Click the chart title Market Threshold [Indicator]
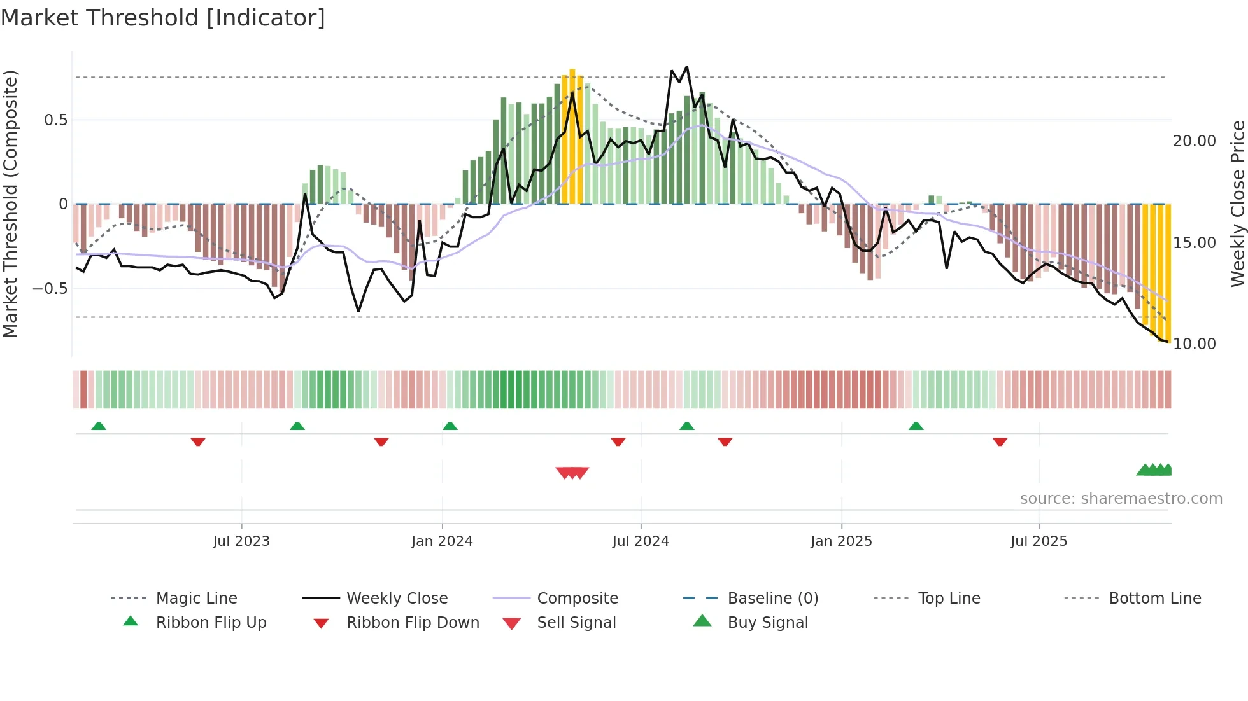[163, 18]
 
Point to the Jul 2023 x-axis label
[241, 541]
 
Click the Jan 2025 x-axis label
[841, 541]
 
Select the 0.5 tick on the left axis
[56, 120]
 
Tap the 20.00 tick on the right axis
[1194, 141]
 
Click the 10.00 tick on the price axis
[1194, 344]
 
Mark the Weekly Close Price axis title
[1237, 204]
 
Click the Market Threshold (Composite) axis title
[10, 204]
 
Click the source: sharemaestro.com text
[1121, 499]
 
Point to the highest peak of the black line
[686, 66]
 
